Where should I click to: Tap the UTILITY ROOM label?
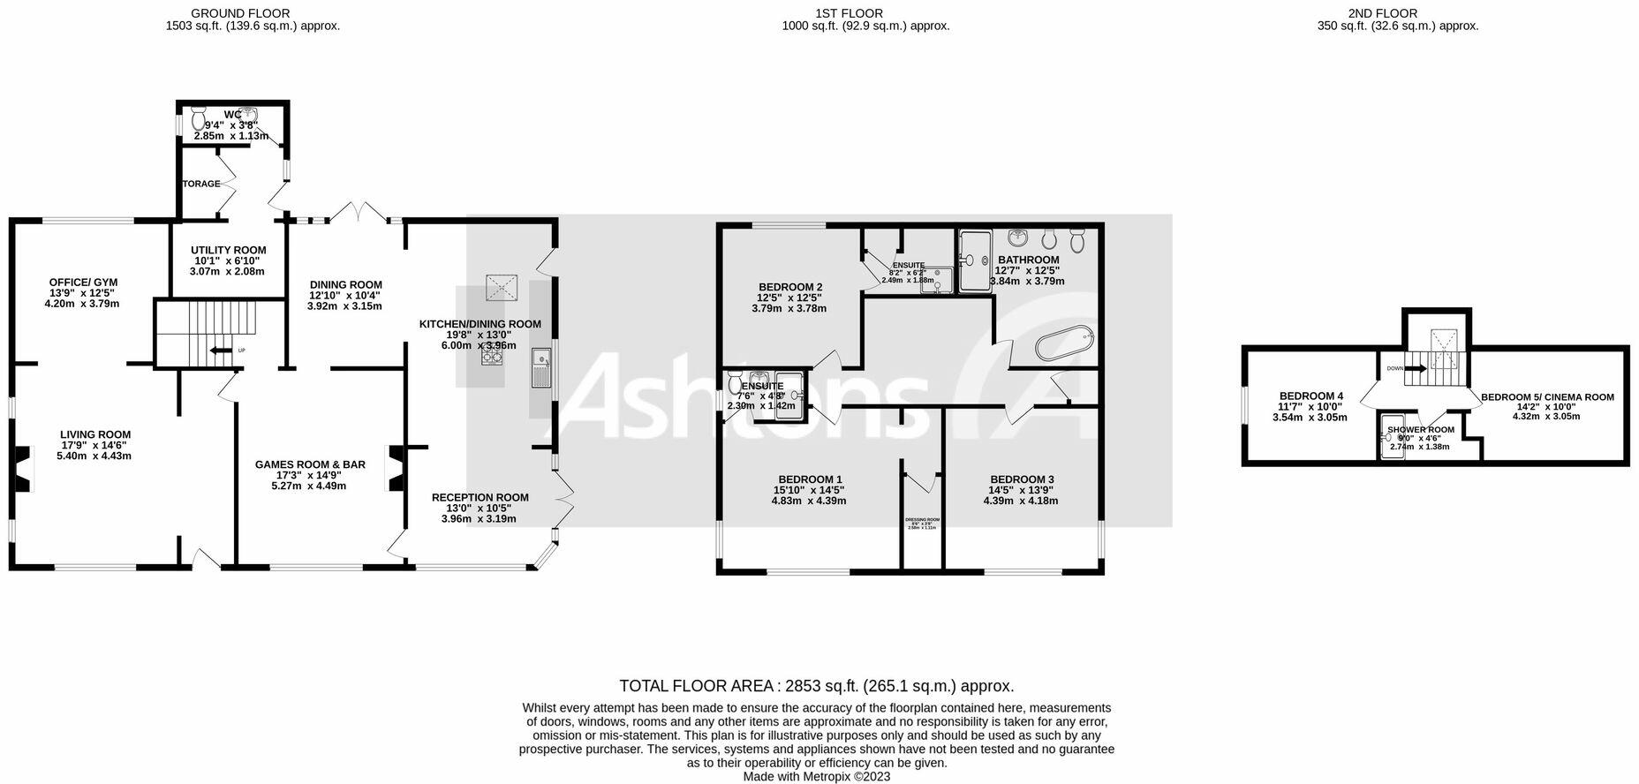point(229,250)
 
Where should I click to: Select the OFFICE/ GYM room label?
point(82,282)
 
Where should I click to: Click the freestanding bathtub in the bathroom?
point(1063,343)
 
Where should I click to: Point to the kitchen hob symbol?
point(492,355)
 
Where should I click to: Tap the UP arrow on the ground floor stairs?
point(216,351)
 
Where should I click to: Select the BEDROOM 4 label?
point(1310,396)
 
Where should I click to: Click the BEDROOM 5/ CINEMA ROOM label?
point(1547,397)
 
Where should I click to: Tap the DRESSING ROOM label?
point(922,520)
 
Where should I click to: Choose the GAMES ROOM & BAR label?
point(310,464)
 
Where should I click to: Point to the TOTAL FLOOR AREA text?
point(816,686)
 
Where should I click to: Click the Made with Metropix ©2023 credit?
point(816,777)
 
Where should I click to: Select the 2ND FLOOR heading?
point(1394,13)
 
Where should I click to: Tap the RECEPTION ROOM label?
point(480,497)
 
